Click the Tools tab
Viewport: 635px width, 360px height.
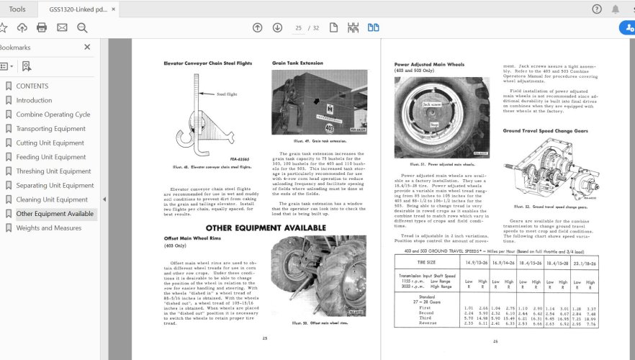point(17,9)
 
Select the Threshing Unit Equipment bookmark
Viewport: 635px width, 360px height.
point(53,171)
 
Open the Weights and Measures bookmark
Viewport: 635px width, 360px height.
point(48,228)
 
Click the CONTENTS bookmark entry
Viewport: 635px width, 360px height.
point(32,86)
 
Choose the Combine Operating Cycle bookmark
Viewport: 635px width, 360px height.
point(53,114)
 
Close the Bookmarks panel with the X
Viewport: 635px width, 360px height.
point(87,48)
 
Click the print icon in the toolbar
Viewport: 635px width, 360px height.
point(42,28)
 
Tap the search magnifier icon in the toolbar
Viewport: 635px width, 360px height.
point(82,28)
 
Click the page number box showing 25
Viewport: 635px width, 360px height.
point(298,28)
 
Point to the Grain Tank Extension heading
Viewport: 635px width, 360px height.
point(297,63)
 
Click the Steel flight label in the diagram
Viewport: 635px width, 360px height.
point(227,94)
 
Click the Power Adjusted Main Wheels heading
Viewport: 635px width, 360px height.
point(431,64)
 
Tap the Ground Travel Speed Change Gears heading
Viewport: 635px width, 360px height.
point(545,131)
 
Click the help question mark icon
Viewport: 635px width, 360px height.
point(596,9)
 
